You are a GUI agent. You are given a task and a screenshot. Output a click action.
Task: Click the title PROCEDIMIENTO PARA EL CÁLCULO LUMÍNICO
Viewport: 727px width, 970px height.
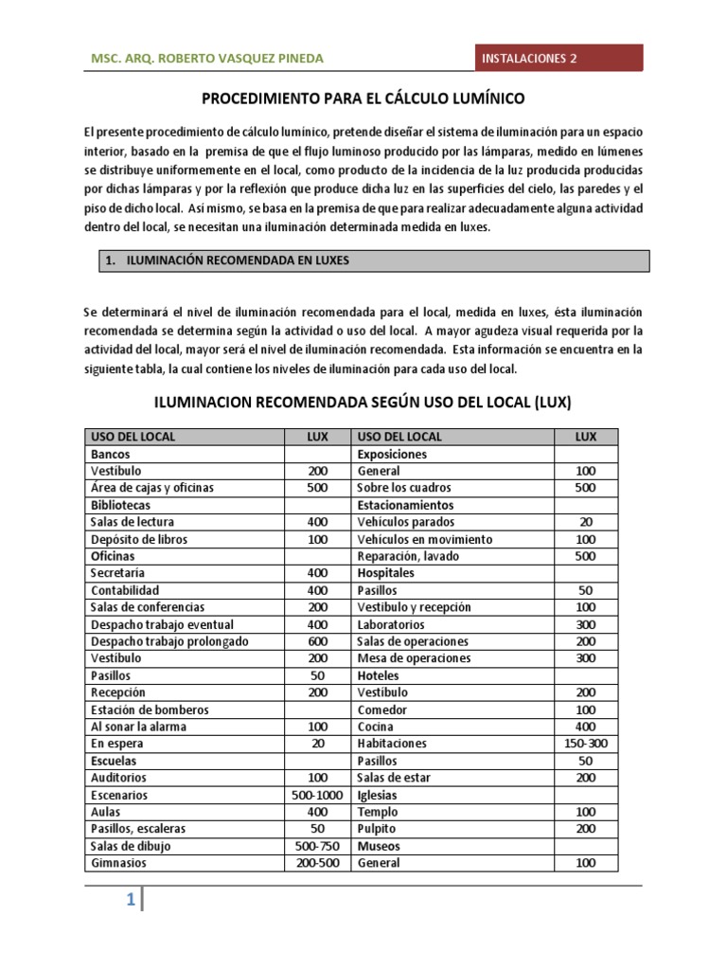coord(363,98)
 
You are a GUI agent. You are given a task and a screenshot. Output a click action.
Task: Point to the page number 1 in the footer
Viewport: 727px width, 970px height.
coord(132,900)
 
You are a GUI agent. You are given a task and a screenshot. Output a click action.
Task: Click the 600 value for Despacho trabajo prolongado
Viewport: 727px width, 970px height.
coord(317,641)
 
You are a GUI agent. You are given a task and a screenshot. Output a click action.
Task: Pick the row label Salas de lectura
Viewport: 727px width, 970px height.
coord(133,522)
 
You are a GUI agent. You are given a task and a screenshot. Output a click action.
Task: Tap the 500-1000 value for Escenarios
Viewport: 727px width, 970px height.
coord(317,795)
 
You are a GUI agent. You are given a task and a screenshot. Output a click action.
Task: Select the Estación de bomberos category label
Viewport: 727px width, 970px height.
coord(149,710)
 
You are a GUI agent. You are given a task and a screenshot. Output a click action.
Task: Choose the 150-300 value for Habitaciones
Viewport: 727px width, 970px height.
coord(586,744)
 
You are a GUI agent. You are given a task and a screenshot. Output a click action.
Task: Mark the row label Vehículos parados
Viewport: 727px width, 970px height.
coord(405,522)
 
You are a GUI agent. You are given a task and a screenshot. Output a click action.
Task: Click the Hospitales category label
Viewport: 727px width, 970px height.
coord(385,573)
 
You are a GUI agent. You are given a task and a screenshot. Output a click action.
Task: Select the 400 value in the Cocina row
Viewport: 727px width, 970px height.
coord(586,727)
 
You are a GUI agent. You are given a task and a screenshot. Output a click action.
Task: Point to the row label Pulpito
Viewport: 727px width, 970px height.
coord(378,829)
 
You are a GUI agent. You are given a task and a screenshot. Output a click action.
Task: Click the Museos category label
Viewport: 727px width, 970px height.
coord(379,846)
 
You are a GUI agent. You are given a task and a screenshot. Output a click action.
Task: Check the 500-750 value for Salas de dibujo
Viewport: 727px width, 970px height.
coord(317,846)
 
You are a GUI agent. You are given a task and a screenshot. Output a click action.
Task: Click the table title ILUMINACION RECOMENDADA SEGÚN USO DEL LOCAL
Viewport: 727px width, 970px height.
coord(363,401)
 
